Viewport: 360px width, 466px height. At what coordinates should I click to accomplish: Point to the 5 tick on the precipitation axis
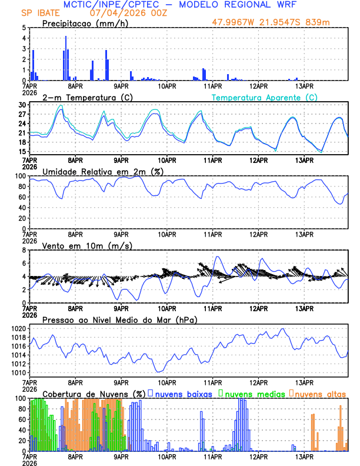pos(24,28)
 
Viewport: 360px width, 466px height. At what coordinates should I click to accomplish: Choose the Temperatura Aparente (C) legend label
pos(265,96)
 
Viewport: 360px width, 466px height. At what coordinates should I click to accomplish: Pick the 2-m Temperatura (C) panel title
pos(86,96)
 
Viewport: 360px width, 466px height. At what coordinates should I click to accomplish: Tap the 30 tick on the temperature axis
pos(22,105)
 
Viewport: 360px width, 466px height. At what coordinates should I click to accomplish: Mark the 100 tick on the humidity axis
pos(20,176)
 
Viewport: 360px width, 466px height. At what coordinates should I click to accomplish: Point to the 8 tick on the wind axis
pos(24,250)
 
